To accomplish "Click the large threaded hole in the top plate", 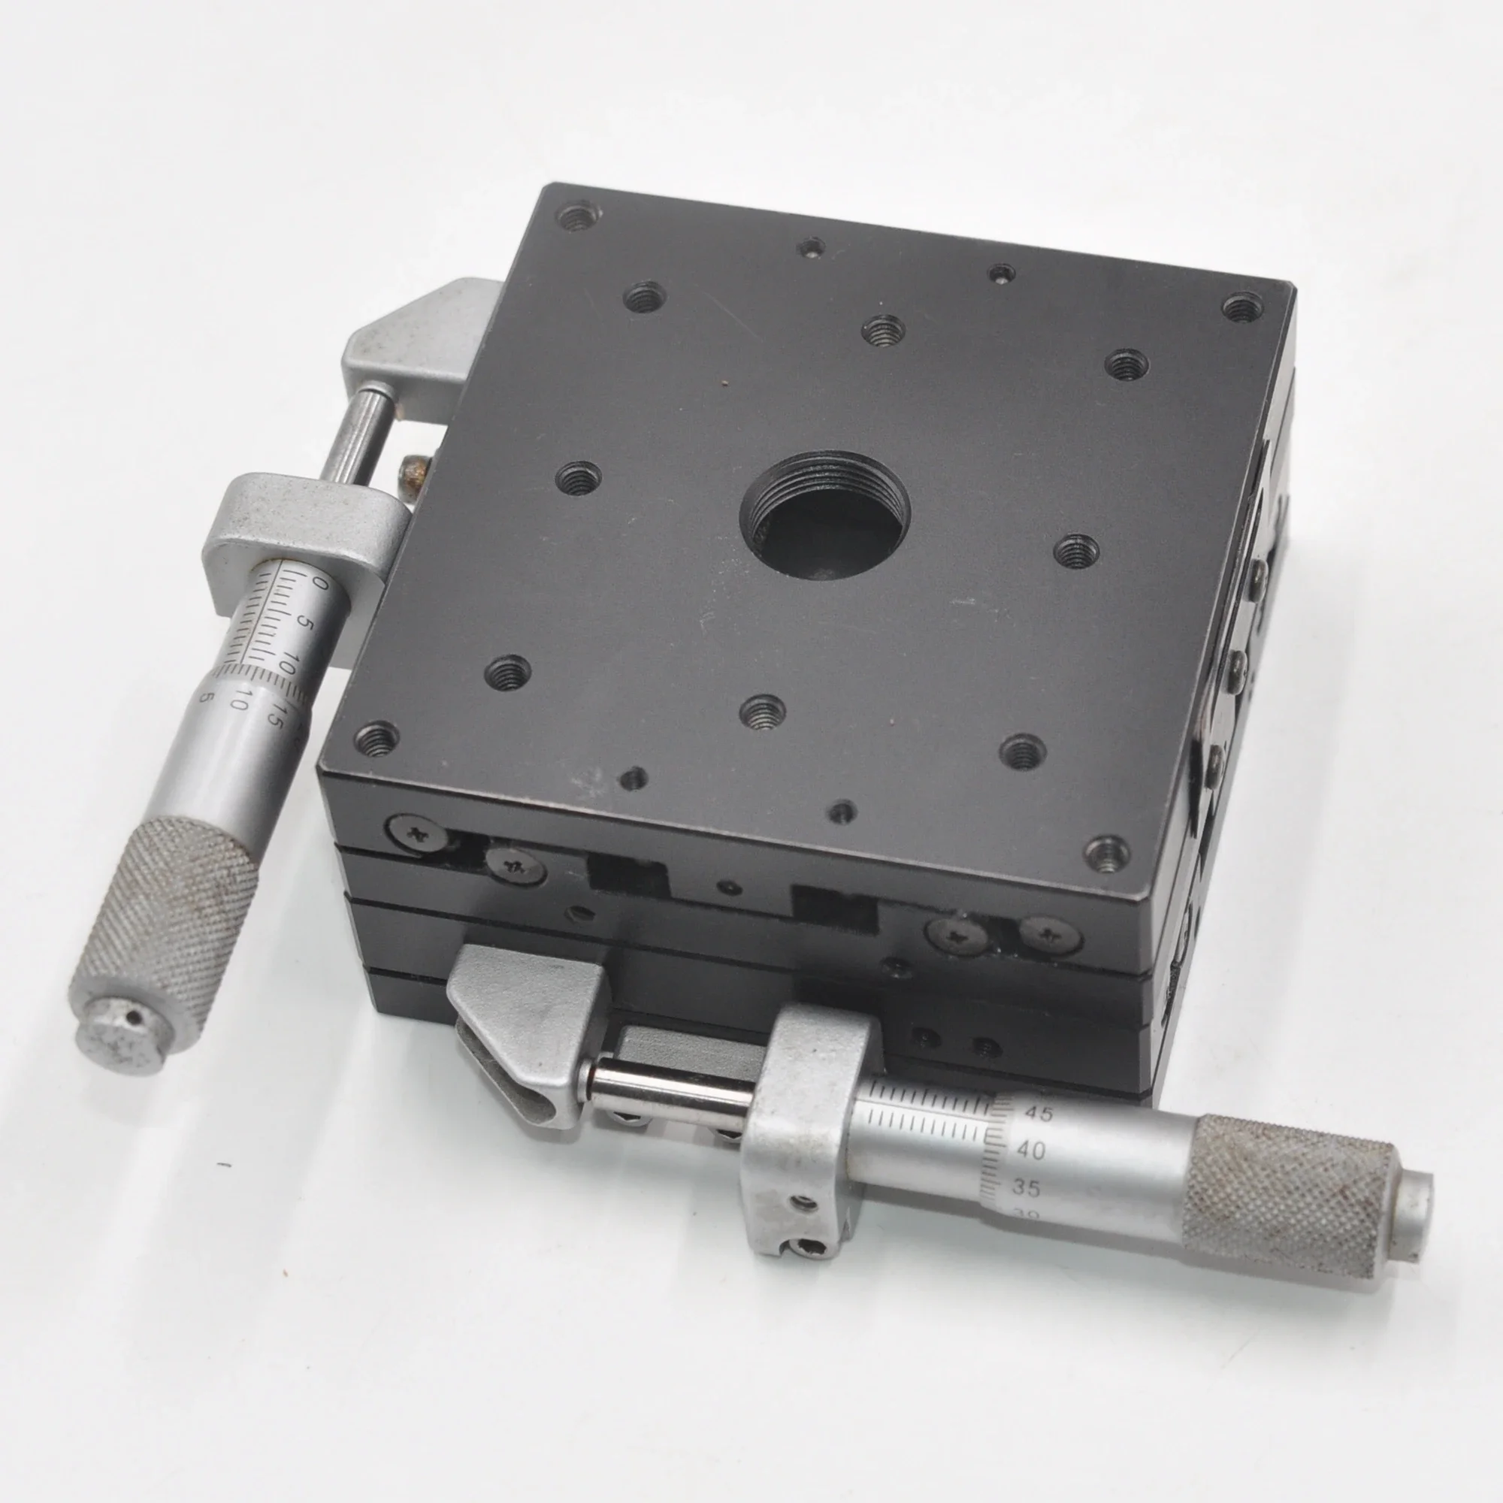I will (x=825, y=517).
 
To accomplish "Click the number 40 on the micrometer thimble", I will (x=1031, y=1149).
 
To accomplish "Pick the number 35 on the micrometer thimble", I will (x=1026, y=1188).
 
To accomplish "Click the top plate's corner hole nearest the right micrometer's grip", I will (x=1108, y=854).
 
